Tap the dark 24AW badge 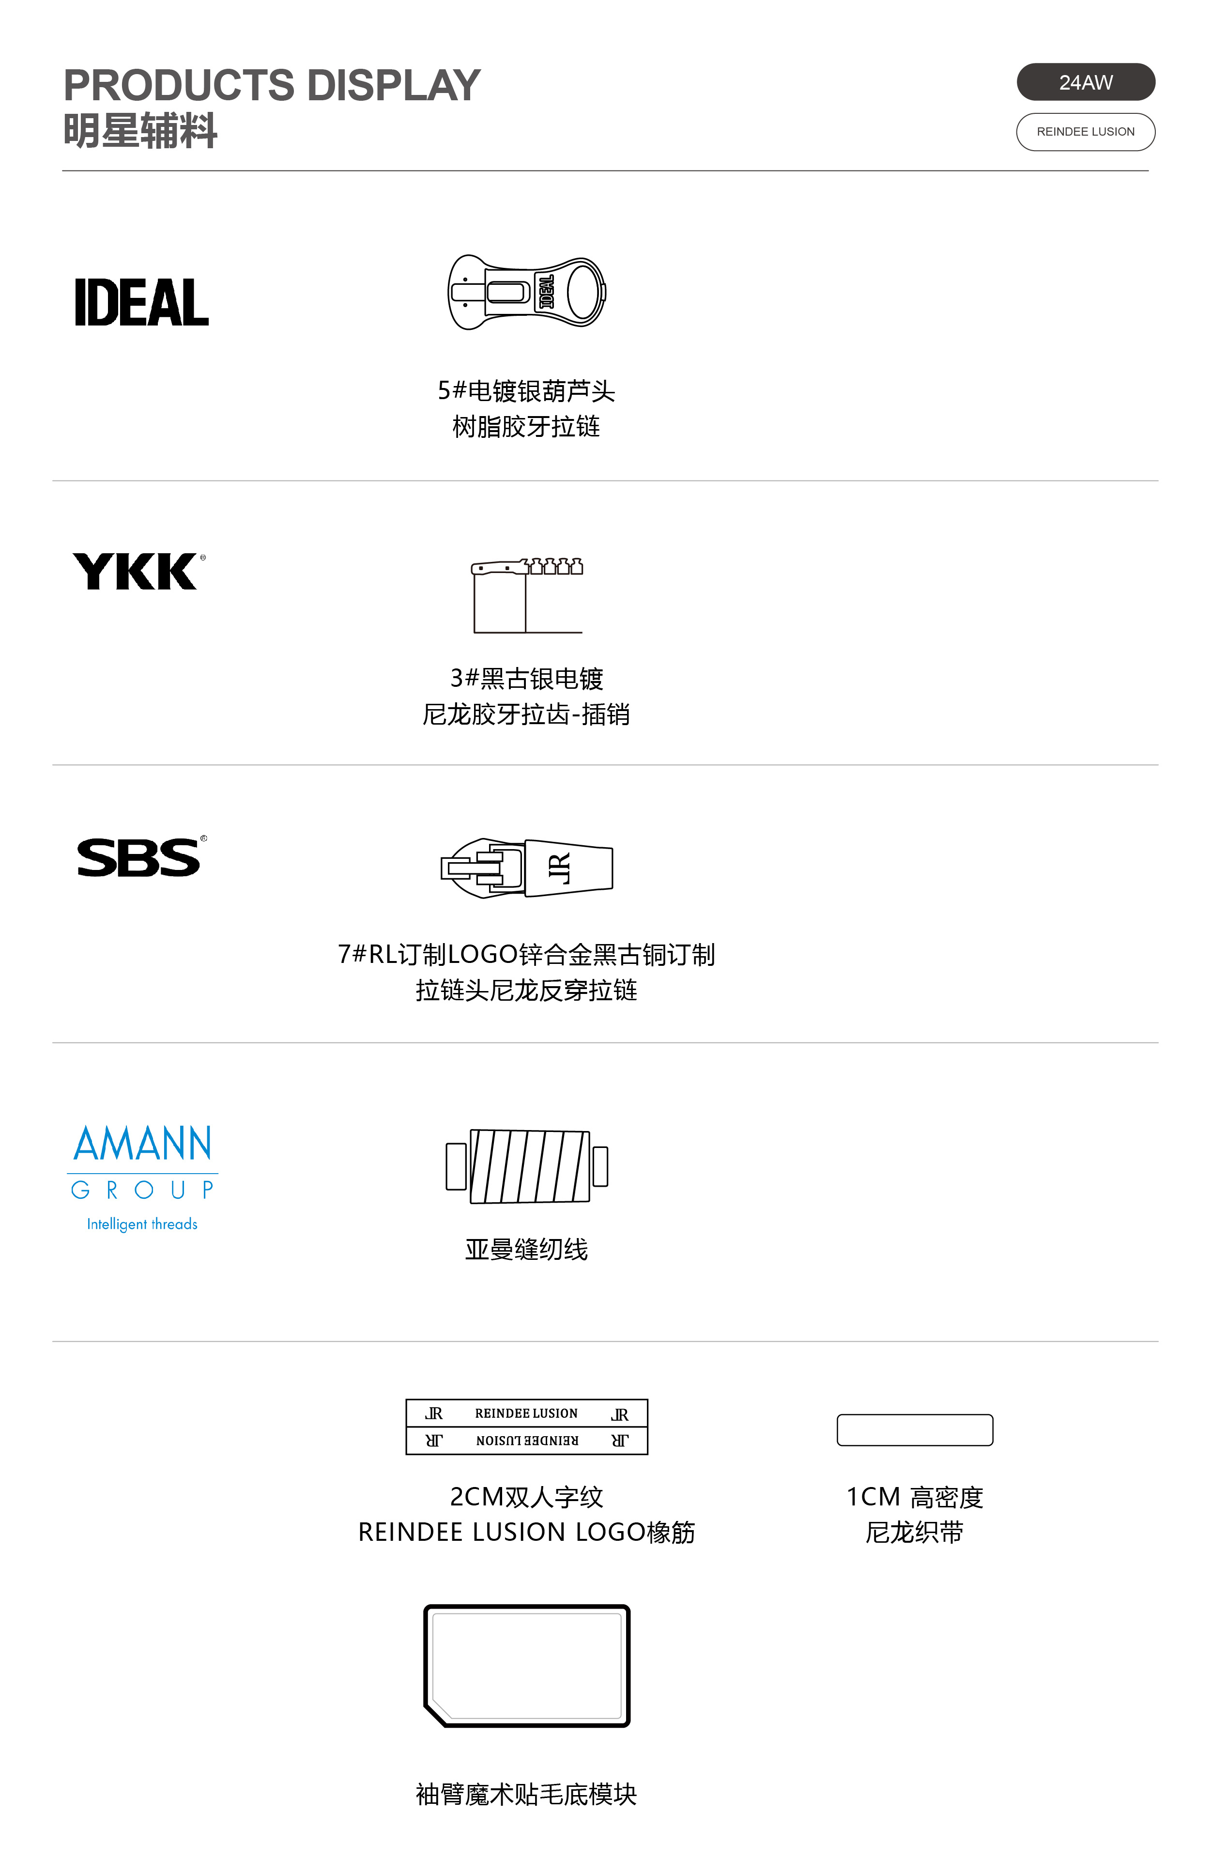coord(1085,82)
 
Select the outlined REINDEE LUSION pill coord(1085,132)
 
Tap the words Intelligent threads coord(142,1224)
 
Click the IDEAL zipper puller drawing coord(527,292)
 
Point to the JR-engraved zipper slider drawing coord(527,868)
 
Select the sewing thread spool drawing coord(527,1166)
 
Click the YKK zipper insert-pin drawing coord(527,595)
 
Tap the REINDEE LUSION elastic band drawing coord(527,1427)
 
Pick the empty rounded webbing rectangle coord(914,1430)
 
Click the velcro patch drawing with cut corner coord(527,1665)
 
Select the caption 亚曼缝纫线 coord(527,1250)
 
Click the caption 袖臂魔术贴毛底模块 coord(527,1794)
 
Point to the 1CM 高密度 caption coord(914,1497)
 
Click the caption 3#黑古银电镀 coord(527,678)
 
